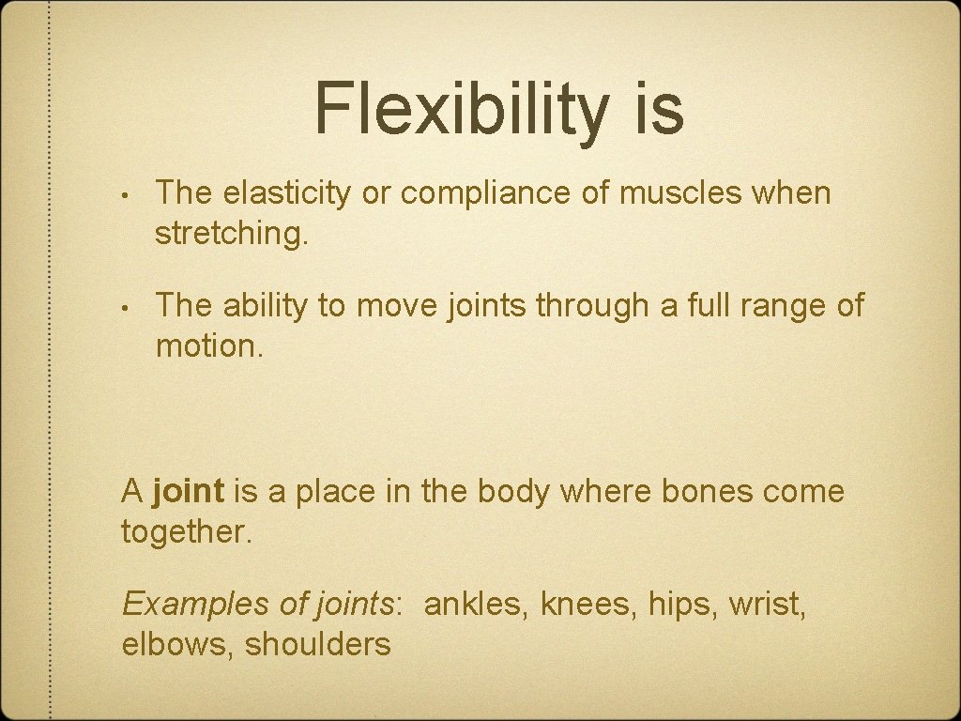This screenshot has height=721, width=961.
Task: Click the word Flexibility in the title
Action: tap(461, 109)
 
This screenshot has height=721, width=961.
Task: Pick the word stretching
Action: tap(231, 234)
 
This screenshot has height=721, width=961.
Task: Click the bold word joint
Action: tap(188, 492)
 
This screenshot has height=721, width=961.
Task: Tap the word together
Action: tap(187, 531)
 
